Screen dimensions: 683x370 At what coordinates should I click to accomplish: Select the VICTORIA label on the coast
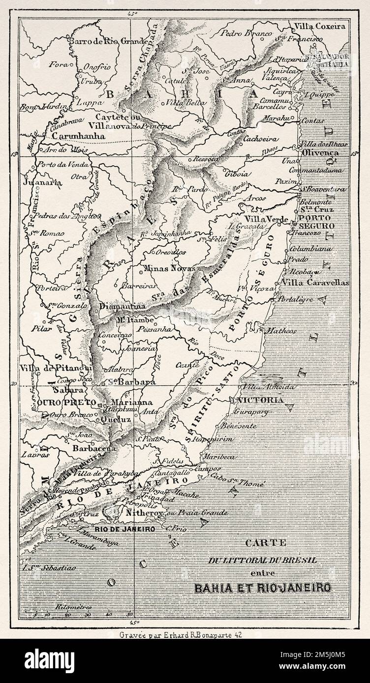click(x=259, y=400)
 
